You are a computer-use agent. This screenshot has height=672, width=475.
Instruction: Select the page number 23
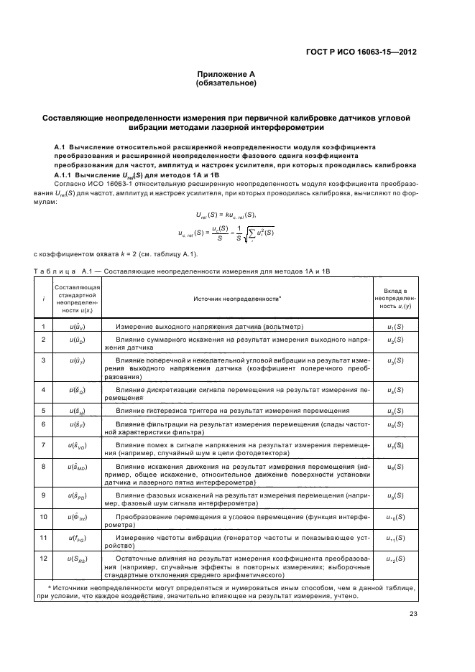click(x=413, y=613)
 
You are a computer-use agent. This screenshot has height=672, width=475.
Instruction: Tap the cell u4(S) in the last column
click(x=395, y=390)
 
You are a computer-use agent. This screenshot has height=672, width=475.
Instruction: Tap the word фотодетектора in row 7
click(x=264, y=454)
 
